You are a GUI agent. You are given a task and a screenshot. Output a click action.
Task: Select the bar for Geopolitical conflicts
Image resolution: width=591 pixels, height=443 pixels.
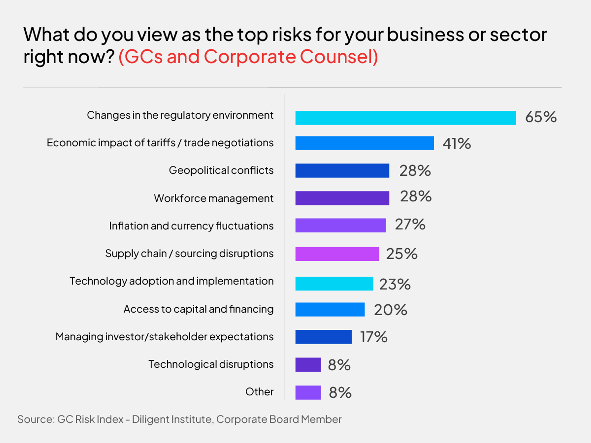click(342, 171)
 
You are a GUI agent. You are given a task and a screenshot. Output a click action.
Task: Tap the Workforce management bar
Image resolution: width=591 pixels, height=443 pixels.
click(342, 198)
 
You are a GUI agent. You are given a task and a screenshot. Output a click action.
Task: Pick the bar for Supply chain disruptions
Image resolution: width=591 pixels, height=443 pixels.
click(337, 254)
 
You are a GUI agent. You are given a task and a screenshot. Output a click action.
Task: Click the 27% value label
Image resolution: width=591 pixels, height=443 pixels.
click(410, 224)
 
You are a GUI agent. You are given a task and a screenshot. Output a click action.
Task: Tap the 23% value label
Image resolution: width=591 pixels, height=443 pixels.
click(395, 284)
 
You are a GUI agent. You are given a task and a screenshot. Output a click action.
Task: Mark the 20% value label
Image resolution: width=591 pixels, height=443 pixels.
click(390, 310)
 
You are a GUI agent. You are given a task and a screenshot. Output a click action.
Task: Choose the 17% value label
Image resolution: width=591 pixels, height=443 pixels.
click(374, 337)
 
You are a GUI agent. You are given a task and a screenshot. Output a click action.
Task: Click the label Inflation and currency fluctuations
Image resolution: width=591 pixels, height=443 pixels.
click(191, 226)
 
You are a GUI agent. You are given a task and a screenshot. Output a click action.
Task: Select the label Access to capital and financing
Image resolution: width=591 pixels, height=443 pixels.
click(198, 309)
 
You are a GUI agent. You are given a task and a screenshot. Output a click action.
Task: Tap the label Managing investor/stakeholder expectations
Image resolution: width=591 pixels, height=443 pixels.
click(164, 337)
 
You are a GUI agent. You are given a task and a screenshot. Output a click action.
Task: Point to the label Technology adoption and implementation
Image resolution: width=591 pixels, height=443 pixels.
click(172, 281)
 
